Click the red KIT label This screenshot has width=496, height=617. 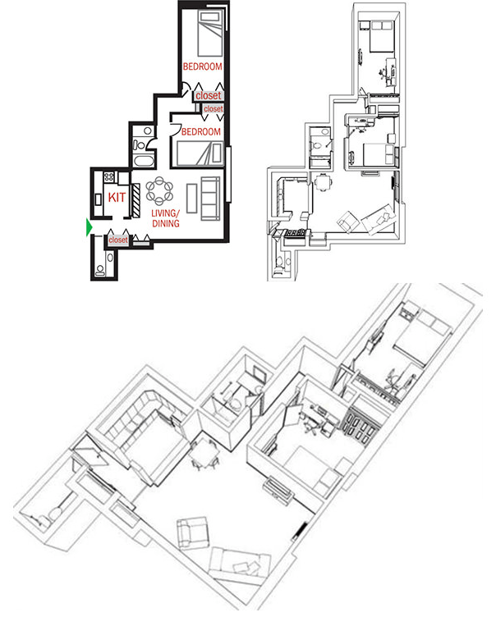click(117, 198)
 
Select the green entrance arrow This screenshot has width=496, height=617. click(89, 227)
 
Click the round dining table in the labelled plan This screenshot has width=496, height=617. click(159, 193)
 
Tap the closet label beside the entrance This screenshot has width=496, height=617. click(118, 240)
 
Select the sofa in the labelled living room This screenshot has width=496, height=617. click(210, 198)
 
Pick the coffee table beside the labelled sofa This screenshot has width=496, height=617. click(191, 199)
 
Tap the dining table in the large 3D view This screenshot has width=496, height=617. click(203, 450)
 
